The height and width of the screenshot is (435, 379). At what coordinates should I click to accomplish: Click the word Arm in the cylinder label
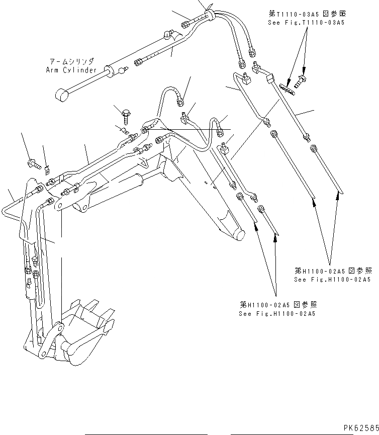click(x=52, y=70)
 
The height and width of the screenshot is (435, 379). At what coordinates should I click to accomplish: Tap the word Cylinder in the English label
click(x=79, y=70)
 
